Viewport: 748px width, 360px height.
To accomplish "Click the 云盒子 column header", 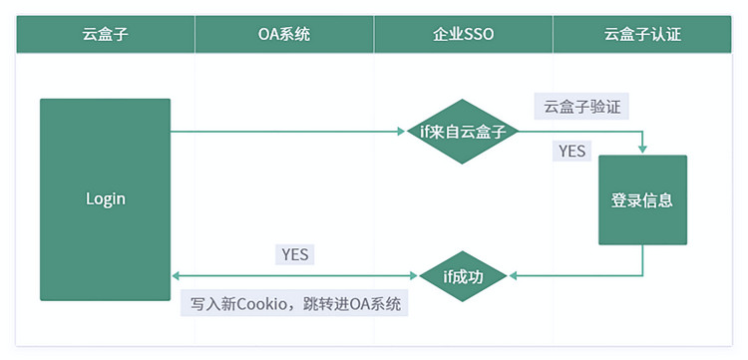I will (x=105, y=34).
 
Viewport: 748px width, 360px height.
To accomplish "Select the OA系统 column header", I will (x=284, y=34).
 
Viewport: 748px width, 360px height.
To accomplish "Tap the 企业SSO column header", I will (x=464, y=34).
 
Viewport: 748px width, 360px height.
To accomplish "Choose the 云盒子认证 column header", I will (x=642, y=34).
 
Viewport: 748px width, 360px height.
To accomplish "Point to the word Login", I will (x=105, y=198).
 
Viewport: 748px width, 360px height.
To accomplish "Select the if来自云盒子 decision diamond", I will (x=463, y=132).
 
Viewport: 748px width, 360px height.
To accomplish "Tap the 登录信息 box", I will (x=642, y=199).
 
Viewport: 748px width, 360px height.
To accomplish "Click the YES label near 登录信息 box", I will (x=572, y=152).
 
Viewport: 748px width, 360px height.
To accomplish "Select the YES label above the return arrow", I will (x=295, y=254).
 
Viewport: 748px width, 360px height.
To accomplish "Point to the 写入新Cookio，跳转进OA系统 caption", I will (x=296, y=304).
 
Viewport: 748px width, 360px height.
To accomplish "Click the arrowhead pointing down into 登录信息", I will (x=642, y=150).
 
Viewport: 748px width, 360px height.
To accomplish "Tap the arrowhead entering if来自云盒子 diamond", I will (x=402, y=132).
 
